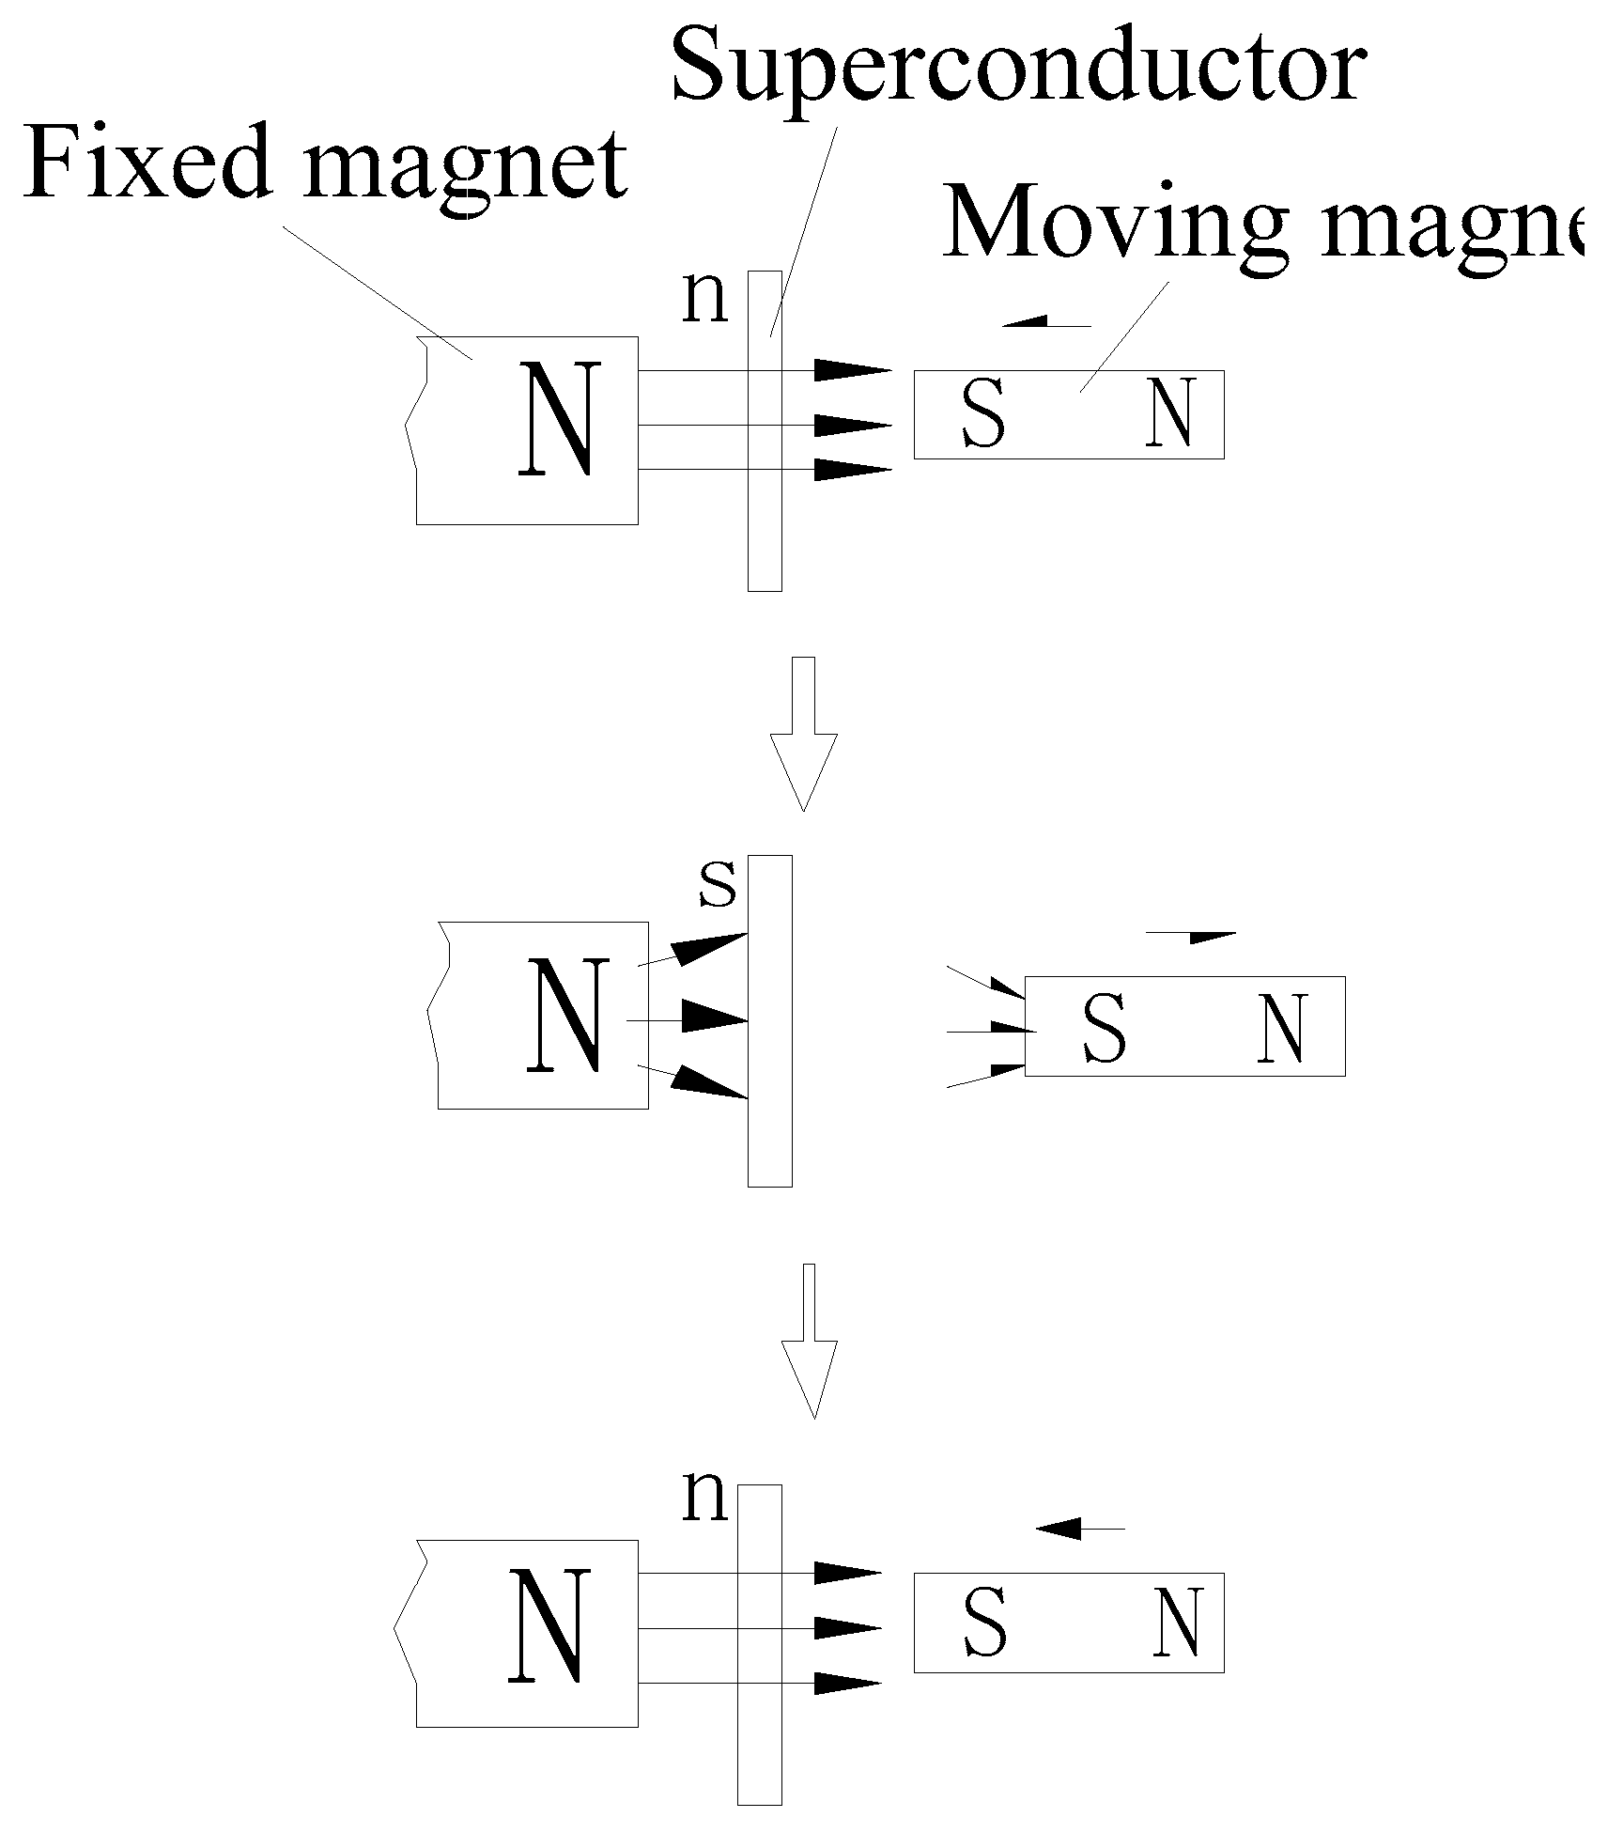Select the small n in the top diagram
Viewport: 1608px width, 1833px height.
(704, 299)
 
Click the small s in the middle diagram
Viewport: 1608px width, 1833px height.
(718, 887)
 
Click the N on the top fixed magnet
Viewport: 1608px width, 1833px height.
(560, 420)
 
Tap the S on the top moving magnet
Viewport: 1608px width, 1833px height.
(983, 414)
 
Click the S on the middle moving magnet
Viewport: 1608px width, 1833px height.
(1104, 1029)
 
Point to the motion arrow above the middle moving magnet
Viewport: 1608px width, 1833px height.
(1192, 936)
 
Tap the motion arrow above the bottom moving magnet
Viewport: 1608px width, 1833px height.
(1079, 1530)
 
